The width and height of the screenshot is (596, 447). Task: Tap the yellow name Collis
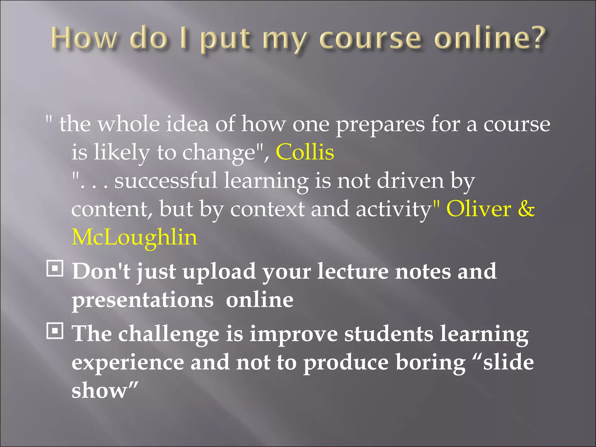[305, 152]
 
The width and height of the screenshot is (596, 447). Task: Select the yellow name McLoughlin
[134, 237]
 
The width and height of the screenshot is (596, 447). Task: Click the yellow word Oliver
[479, 209]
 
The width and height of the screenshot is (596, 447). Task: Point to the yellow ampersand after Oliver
[526, 209]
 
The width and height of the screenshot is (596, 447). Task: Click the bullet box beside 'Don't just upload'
[55, 269]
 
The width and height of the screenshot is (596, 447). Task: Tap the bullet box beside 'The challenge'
[55, 331]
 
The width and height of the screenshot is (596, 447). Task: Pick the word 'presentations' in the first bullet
[143, 300]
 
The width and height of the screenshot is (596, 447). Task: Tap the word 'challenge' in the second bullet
[168, 334]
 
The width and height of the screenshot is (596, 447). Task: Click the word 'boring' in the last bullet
[431, 363]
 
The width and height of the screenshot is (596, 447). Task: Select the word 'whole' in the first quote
[128, 124]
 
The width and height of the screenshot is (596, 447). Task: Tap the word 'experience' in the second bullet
[128, 363]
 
